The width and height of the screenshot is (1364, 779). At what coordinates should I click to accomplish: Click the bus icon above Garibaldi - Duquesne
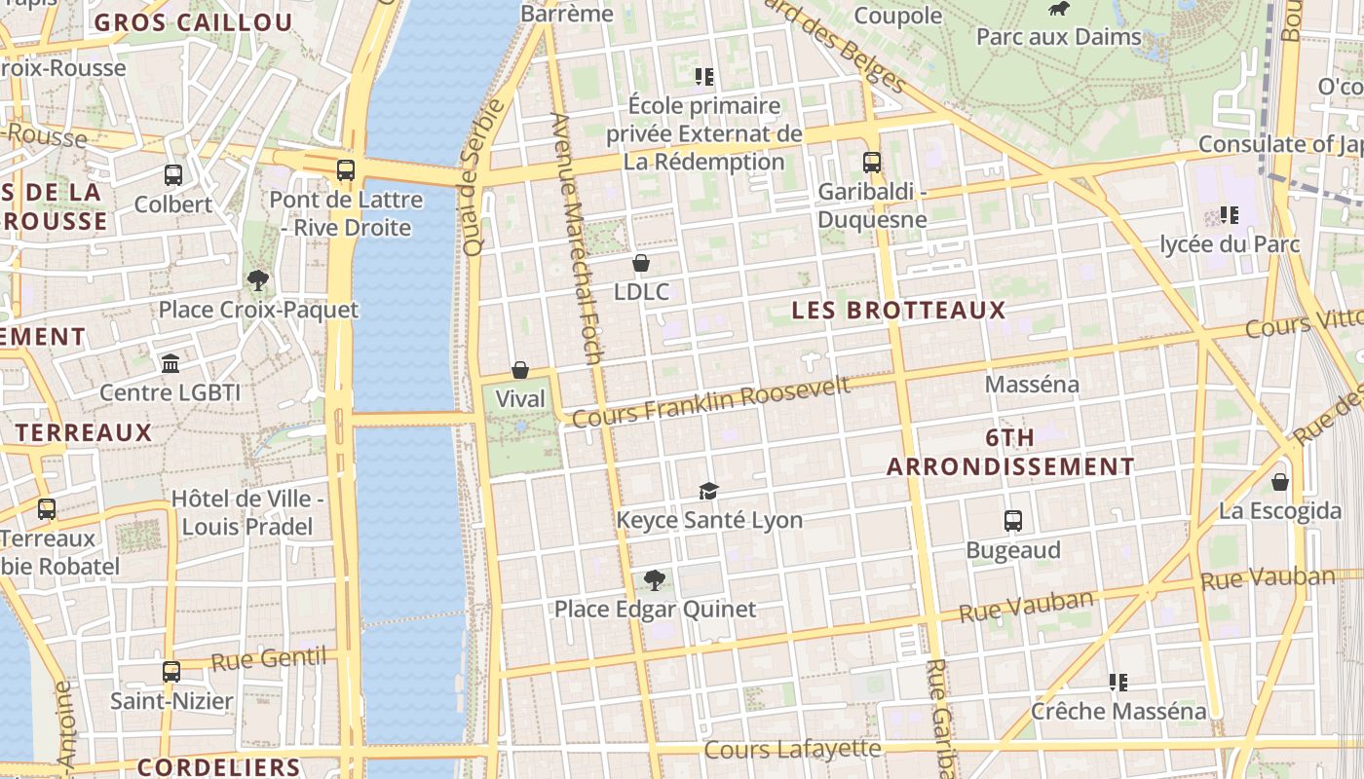872,163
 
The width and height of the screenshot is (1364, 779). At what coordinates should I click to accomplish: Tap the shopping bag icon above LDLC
641,263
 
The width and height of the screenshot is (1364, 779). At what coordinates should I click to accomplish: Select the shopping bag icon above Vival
520,370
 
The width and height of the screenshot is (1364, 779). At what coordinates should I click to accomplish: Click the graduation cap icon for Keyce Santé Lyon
708,491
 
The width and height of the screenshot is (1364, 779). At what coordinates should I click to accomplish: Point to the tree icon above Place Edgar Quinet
655,580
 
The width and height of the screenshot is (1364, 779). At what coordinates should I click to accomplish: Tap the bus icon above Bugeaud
1013,521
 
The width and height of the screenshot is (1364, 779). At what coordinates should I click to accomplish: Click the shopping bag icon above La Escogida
1280,482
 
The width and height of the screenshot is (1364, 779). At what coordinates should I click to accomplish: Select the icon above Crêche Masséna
1118,683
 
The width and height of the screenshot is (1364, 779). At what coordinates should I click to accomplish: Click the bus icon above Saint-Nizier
171,672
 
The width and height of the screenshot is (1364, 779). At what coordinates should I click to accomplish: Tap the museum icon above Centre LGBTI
170,363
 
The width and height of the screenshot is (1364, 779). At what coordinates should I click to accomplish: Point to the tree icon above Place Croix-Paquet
258,280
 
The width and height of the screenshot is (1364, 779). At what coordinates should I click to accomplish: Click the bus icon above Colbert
173,175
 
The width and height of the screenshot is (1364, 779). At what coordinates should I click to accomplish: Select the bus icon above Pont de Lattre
346,170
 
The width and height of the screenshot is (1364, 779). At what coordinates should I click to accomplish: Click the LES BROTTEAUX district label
898,311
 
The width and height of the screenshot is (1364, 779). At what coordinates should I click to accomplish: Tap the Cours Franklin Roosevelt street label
711,402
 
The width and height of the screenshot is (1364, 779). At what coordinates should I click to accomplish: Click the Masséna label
1032,385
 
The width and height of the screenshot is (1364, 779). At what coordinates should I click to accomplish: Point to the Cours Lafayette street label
792,750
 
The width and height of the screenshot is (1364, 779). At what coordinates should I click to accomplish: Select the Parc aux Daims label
1058,37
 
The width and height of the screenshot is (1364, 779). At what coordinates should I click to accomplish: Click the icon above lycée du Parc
1230,215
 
